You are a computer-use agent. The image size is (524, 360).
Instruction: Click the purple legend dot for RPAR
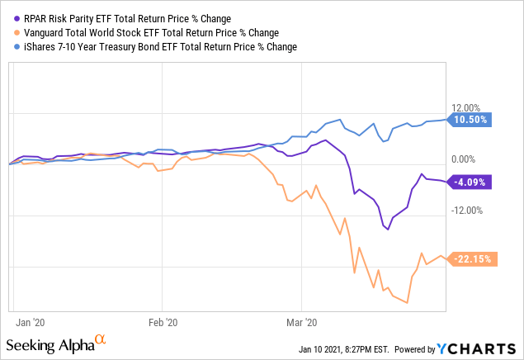click(x=18, y=17)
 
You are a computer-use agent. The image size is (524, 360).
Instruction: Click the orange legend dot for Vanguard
click(x=18, y=32)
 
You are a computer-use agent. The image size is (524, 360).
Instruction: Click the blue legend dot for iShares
click(x=18, y=47)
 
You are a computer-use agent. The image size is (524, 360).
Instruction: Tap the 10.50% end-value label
click(x=472, y=120)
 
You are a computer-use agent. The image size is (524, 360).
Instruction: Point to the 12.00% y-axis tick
click(x=465, y=107)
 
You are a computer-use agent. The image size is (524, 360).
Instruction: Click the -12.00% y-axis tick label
click(x=465, y=209)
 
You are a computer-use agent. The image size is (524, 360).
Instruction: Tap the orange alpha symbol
click(x=101, y=339)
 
